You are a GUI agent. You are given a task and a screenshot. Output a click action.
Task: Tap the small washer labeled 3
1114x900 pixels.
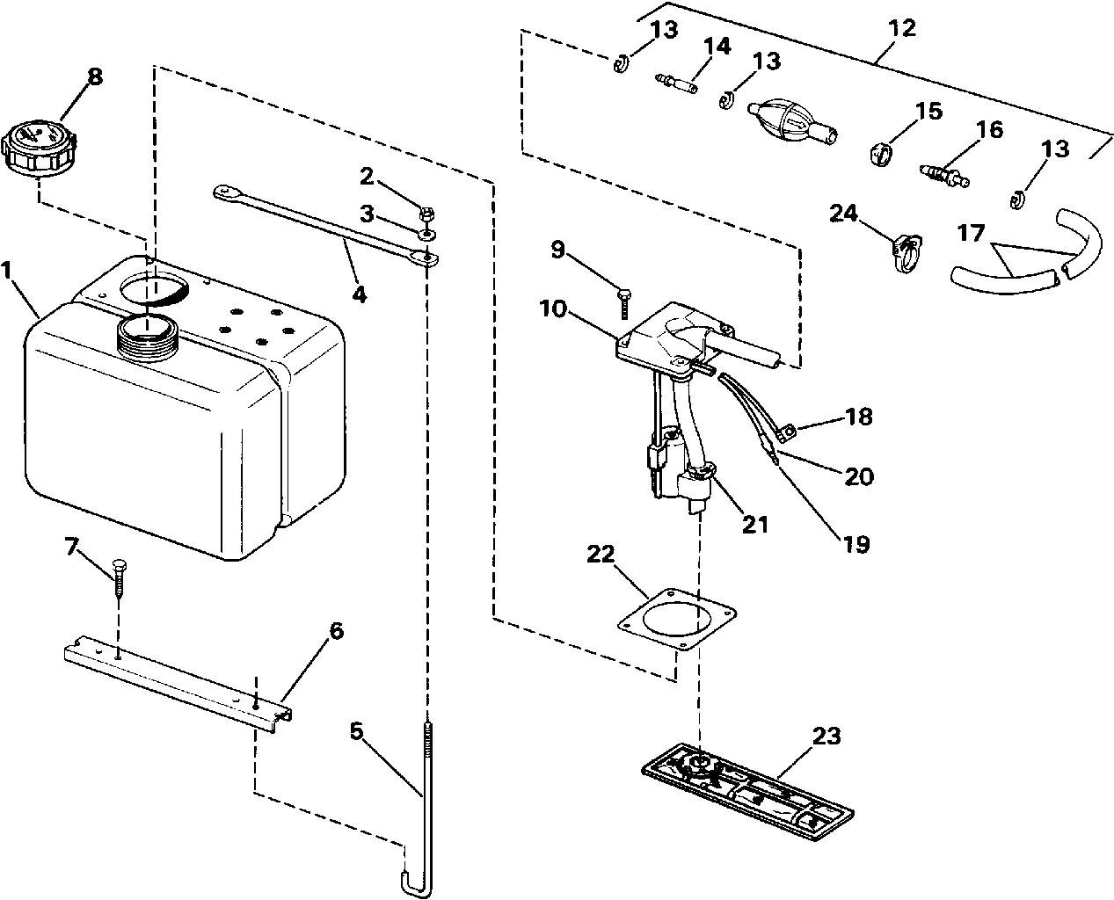426,235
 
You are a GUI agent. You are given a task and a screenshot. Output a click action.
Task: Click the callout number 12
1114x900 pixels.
901,28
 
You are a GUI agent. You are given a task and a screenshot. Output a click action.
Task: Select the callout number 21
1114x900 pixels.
754,525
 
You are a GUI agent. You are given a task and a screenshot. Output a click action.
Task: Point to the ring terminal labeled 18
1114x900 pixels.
788,430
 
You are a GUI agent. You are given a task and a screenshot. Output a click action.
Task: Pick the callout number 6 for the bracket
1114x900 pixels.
335,631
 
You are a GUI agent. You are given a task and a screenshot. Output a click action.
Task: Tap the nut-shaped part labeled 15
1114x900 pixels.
881,155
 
